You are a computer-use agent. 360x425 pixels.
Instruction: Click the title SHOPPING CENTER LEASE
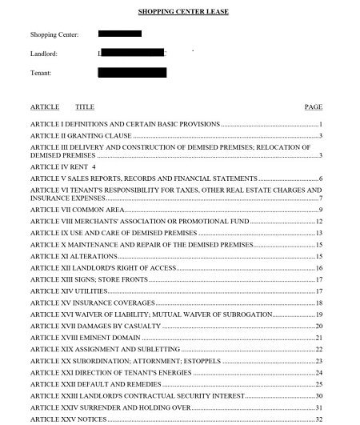tap(182, 13)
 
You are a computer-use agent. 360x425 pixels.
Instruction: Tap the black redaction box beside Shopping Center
tap(120, 34)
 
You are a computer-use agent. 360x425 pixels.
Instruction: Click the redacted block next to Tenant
tap(132, 73)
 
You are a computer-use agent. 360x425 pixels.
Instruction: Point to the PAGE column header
tap(314, 106)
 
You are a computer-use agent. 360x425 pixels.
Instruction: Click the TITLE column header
tap(85, 106)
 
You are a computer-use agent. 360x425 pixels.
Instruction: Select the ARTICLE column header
tap(45, 106)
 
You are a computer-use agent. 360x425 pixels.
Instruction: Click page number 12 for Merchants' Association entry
tap(318, 221)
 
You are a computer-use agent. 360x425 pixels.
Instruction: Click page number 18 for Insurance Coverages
tap(318, 303)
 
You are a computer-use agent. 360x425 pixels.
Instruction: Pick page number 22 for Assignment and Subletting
tap(318, 349)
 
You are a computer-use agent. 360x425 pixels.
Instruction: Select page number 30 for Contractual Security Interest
tap(318, 395)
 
